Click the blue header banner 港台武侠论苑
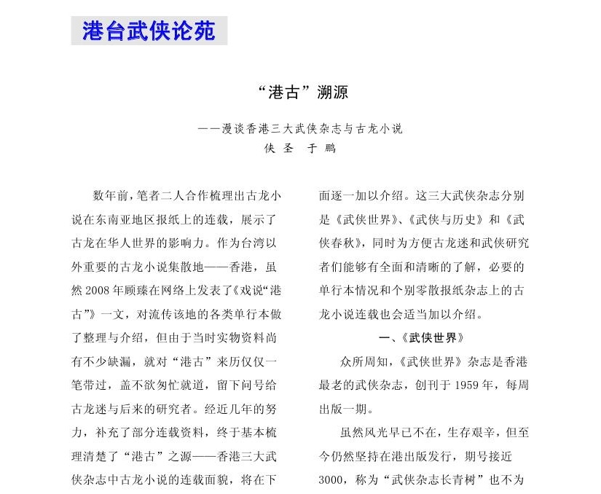(149, 31)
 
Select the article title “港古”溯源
(300, 93)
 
